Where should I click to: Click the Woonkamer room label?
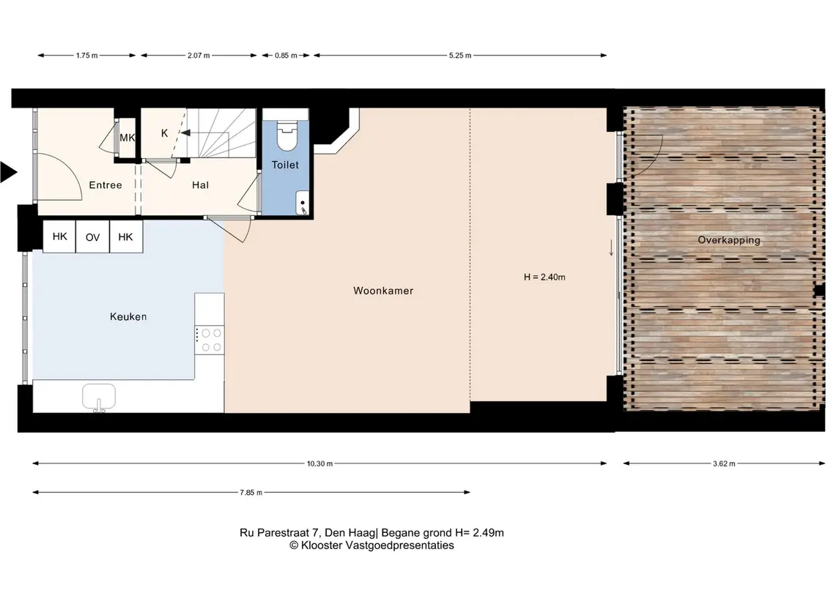(x=383, y=291)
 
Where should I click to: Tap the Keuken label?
(x=128, y=316)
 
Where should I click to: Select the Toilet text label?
(x=285, y=165)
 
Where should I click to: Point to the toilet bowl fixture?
(x=287, y=135)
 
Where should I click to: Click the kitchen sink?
(x=99, y=398)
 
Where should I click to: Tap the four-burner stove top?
(x=210, y=340)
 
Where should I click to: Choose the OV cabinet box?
(x=92, y=236)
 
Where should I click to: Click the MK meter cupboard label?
(x=127, y=138)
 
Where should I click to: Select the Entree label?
(x=106, y=185)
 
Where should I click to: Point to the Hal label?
(x=200, y=185)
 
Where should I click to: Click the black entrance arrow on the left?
(x=8, y=172)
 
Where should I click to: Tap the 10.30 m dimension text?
(x=319, y=464)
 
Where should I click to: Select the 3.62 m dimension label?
(x=724, y=464)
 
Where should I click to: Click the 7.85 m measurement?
(x=251, y=493)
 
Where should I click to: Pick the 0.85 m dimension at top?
(x=286, y=56)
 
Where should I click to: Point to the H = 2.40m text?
(x=544, y=277)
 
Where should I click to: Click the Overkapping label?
(x=729, y=240)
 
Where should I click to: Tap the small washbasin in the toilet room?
(x=303, y=204)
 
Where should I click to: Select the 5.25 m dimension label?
(x=460, y=56)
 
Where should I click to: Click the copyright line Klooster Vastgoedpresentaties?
(x=372, y=545)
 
